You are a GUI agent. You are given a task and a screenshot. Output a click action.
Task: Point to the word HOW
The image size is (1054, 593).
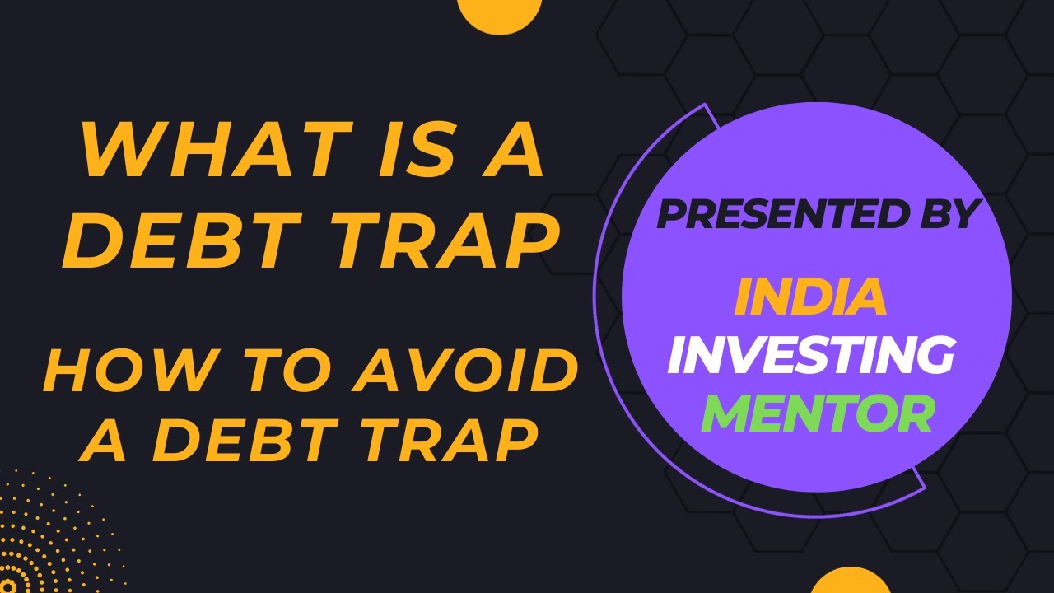115,371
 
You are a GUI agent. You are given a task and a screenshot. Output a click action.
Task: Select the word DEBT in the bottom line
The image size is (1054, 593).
251,438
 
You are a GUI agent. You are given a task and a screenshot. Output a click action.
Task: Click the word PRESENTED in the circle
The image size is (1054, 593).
783,215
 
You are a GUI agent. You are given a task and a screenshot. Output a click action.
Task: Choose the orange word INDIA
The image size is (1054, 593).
810,297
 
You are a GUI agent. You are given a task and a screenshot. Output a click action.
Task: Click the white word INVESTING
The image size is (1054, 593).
810,356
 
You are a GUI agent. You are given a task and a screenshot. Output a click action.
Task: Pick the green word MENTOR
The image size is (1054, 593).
817,414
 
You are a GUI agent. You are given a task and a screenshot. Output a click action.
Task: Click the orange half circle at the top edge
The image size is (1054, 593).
498,13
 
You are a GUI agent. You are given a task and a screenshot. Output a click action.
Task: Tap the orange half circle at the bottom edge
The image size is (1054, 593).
851,581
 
